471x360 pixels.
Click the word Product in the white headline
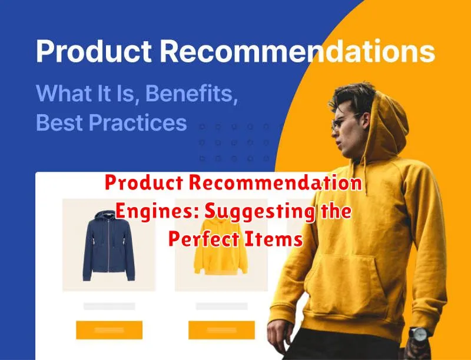coord(94,51)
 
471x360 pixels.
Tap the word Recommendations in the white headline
coord(297,51)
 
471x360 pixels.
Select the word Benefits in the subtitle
coord(192,93)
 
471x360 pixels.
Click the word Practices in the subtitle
coord(138,122)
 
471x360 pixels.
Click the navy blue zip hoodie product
coord(109,246)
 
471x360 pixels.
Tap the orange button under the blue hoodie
coord(109,330)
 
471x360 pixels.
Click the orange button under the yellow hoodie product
coord(222,330)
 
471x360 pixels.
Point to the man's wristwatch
coord(419,334)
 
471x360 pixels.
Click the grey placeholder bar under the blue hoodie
coord(110,306)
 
